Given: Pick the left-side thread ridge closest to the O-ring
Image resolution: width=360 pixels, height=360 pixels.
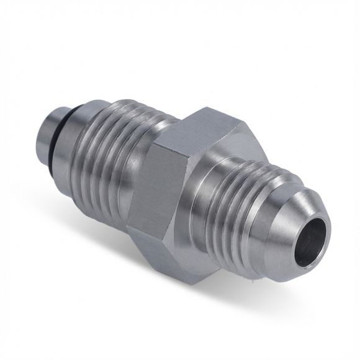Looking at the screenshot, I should click(87, 149).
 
